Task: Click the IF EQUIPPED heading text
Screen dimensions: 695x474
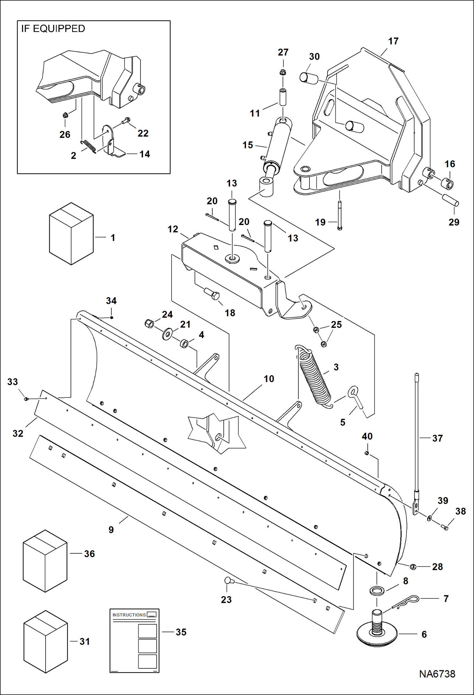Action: click(53, 29)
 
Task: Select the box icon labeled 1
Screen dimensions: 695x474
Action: click(71, 234)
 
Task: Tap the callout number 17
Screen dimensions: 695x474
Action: click(393, 41)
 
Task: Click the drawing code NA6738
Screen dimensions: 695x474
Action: click(437, 674)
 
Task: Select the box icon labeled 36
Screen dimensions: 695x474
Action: click(45, 561)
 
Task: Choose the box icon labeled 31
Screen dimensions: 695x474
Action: click(46, 641)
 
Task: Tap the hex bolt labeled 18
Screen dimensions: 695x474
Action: click(212, 294)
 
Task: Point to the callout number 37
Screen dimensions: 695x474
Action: click(437, 438)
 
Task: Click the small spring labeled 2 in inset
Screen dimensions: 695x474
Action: click(89, 146)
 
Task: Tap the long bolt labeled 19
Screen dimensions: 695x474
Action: click(340, 215)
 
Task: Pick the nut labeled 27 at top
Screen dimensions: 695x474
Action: click(283, 72)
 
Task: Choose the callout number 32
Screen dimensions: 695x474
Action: click(18, 433)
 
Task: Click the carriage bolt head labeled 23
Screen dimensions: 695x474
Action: click(228, 581)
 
